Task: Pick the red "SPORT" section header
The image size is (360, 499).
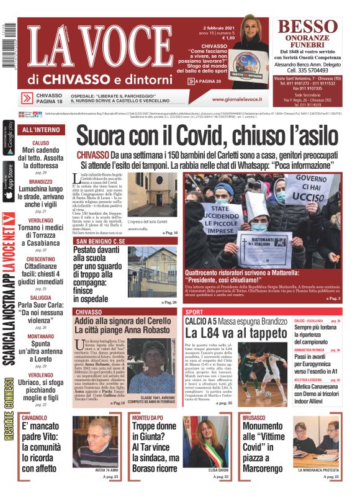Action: [194, 312]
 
